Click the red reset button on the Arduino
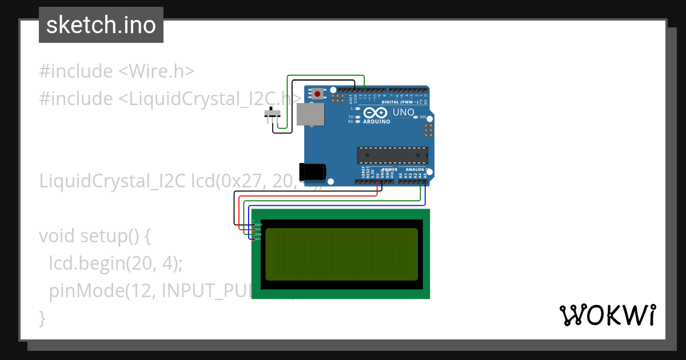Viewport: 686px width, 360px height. click(317, 93)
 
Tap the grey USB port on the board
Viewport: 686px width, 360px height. click(310, 114)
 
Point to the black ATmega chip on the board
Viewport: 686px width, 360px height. click(392, 155)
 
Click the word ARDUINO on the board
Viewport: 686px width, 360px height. click(377, 122)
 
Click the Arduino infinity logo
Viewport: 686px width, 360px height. click(376, 113)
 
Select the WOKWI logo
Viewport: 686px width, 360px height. click(607, 315)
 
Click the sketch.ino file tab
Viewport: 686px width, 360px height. click(101, 25)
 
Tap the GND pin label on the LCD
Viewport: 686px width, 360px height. click(258, 225)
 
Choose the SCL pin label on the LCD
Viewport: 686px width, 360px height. click(258, 239)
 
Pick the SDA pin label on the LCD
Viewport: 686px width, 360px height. click(258, 234)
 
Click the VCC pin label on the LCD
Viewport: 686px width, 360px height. click(258, 229)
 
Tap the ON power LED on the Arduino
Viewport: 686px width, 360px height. click(425, 117)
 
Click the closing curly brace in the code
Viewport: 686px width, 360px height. click(42, 317)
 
